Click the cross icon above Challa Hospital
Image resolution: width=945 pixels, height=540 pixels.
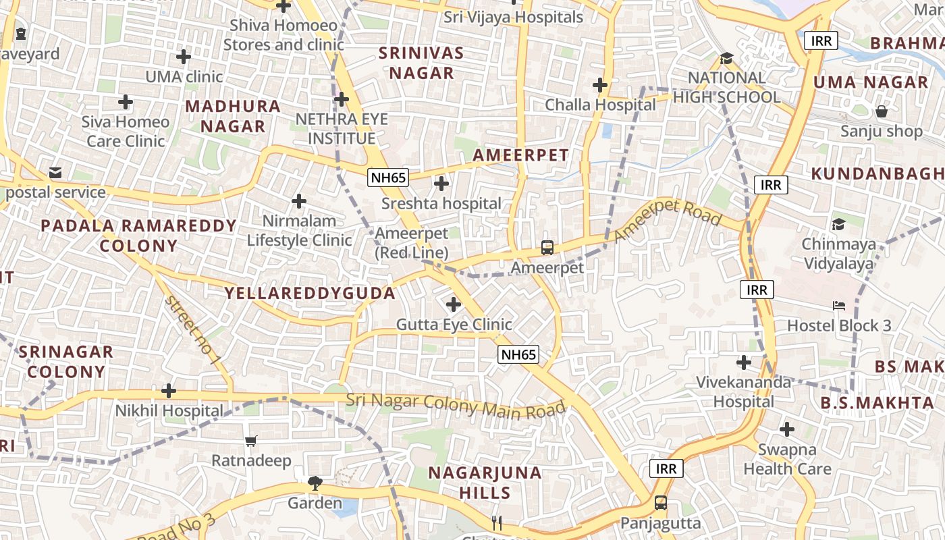pyautogui.click(x=599, y=85)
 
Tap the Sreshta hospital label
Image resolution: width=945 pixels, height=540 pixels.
pyautogui.click(x=441, y=203)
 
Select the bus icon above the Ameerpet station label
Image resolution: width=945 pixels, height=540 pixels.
pyautogui.click(x=547, y=248)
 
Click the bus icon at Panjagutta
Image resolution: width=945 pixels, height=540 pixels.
pyautogui.click(x=660, y=503)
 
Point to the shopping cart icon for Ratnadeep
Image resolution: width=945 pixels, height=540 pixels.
pyautogui.click(x=251, y=441)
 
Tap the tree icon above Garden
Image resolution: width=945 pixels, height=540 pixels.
pyautogui.click(x=315, y=483)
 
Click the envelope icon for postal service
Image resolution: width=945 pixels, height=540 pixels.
pyautogui.click(x=55, y=173)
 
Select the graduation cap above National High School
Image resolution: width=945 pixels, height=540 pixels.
pyautogui.click(x=726, y=59)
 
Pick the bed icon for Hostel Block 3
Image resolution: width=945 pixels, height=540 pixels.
pyautogui.click(x=839, y=306)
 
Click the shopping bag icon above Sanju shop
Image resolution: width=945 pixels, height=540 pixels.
pyautogui.click(x=881, y=111)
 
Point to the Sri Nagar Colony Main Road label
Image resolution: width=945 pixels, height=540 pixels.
pyautogui.click(x=456, y=404)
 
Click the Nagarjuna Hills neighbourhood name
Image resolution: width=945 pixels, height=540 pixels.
pyautogui.click(x=485, y=482)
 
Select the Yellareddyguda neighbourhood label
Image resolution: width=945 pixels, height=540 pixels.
pyautogui.click(x=310, y=293)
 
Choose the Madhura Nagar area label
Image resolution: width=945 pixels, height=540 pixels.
pyautogui.click(x=233, y=116)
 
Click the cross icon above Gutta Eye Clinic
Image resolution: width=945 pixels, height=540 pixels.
pyautogui.click(x=454, y=304)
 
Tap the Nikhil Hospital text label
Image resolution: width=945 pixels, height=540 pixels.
pyautogui.click(x=169, y=410)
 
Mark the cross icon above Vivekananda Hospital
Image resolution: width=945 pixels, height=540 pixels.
pyautogui.click(x=743, y=362)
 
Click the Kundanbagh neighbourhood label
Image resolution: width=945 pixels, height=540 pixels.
pyautogui.click(x=878, y=173)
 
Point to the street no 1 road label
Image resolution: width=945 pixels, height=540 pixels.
pyautogui.click(x=192, y=329)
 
